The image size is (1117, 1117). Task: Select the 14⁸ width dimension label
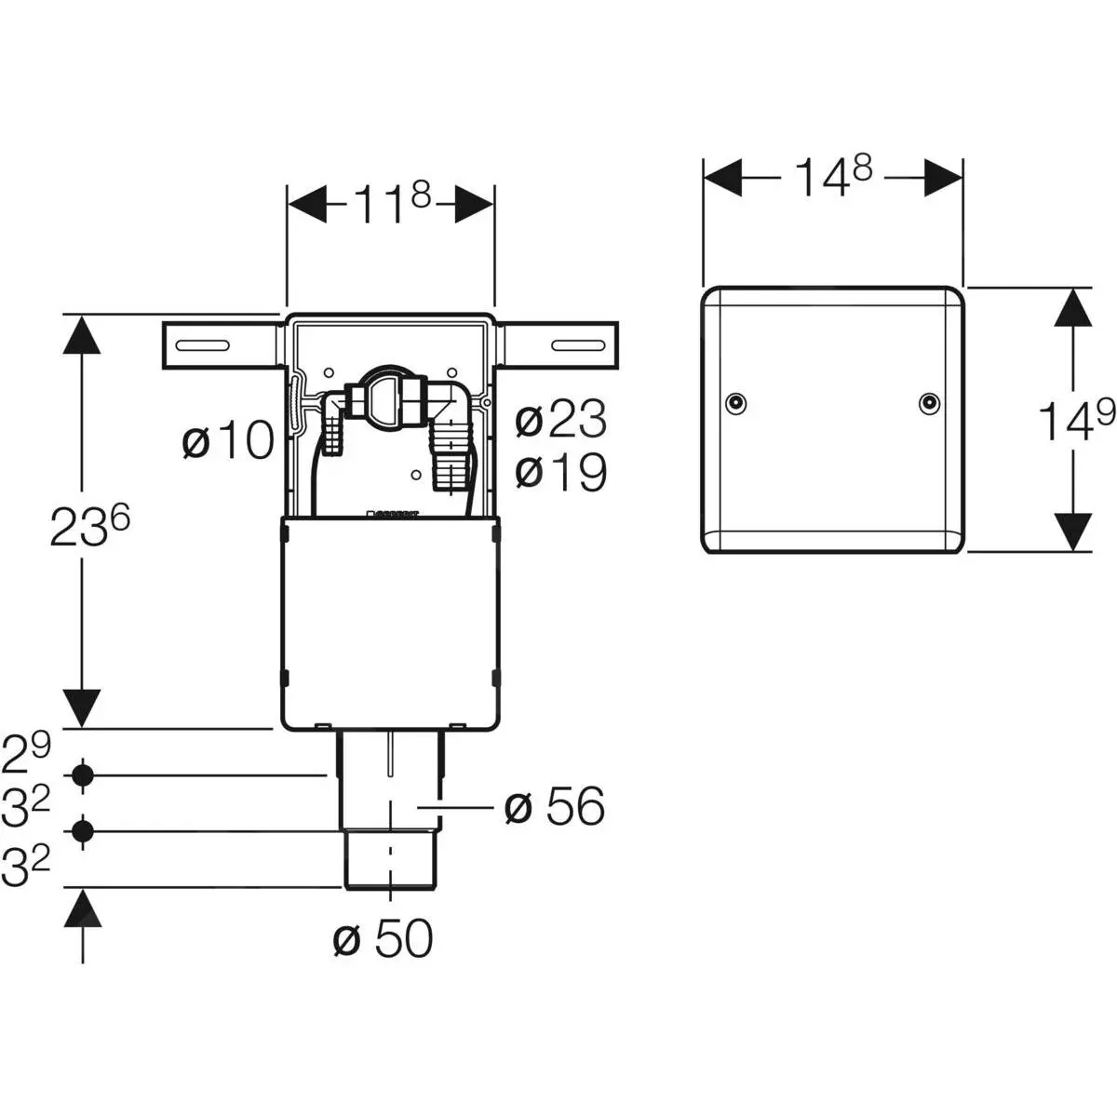[832, 178]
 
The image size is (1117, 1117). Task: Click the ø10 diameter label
[227, 440]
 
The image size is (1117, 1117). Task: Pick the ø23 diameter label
[560, 421]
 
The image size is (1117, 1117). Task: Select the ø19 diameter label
[560, 473]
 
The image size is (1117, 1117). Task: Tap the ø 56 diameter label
[554, 806]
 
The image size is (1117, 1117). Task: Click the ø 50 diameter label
[383, 940]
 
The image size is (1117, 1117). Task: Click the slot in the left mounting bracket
[201, 345]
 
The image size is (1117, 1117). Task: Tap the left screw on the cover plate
[735, 402]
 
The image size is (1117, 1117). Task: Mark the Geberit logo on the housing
[396, 512]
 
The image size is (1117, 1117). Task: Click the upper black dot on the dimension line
[84, 774]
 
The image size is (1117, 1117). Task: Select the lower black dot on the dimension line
[84, 831]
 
